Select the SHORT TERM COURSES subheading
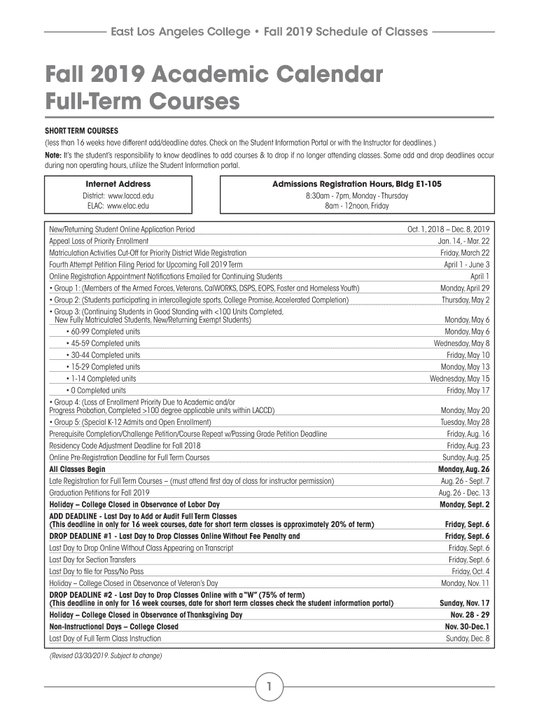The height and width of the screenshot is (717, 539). click(x=82, y=130)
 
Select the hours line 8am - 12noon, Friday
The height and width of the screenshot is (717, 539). click(x=356, y=206)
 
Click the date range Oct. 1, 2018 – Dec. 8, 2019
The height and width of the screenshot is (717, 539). click(x=448, y=229)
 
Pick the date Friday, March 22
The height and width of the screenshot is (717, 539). click(x=464, y=252)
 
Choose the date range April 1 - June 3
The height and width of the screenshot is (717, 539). click(x=466, y=264)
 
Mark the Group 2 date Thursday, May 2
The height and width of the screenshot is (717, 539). click(x=465, y=299)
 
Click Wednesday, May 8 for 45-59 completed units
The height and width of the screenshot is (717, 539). click(x=461, y=343)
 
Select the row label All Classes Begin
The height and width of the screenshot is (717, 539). click(x=77, y=468)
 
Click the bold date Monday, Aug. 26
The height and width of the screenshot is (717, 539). click(x=463, y=468)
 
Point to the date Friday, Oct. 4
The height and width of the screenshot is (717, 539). click(x=470, y=571)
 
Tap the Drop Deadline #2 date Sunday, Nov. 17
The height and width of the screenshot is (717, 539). click(x=464, y=602)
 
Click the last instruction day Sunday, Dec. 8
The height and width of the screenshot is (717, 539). click(x=468, y=638)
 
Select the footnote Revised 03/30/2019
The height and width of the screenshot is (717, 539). click(x=105, y=656)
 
